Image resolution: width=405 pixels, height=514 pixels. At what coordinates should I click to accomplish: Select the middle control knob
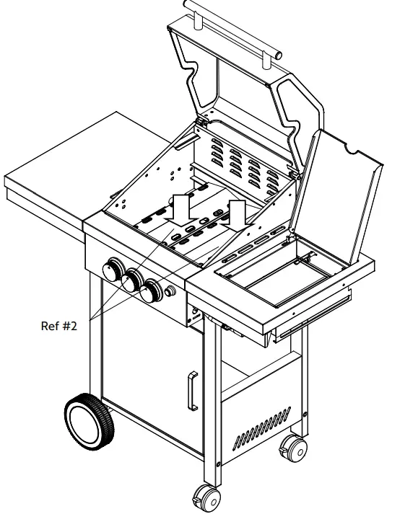(x=132, y=281)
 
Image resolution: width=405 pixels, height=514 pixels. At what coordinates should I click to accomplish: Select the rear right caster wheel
(x=293, y=448)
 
